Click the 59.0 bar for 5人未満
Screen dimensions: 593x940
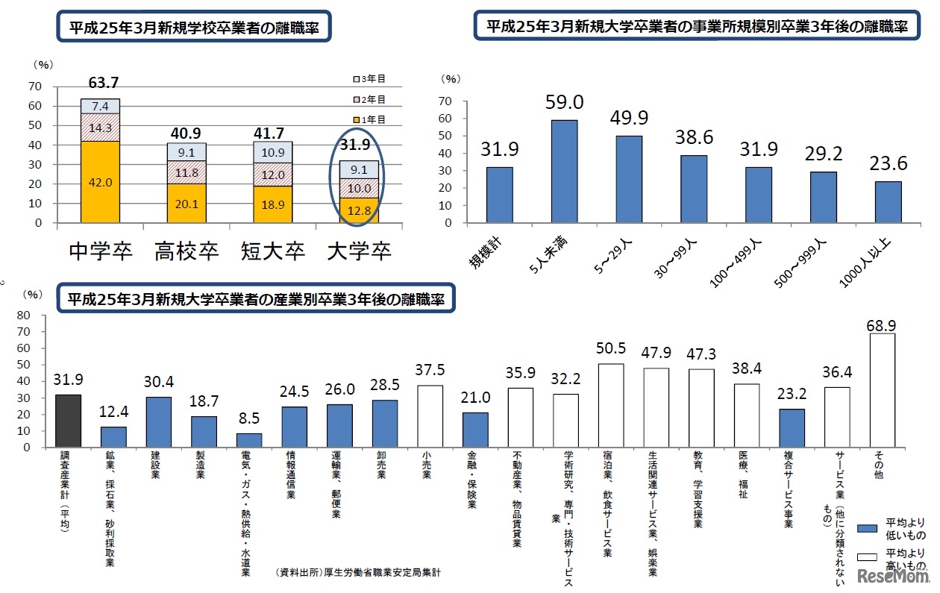[x=564, y=171]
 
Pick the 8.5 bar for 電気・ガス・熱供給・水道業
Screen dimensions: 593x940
[x=249, y=440]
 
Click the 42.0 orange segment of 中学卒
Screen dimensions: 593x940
[x=100, y=182]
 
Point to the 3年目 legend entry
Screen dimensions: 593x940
[x=369, y=79]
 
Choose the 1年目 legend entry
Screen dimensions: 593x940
[x=369, y=119]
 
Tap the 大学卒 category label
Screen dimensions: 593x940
[x=360, y=251]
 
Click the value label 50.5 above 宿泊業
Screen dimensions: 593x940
[x=612, y=350]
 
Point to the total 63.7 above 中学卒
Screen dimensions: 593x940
[x=103, y=83]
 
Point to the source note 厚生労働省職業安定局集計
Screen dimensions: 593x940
[x=358, y=573]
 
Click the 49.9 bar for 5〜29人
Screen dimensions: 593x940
[x=628, y=179]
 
